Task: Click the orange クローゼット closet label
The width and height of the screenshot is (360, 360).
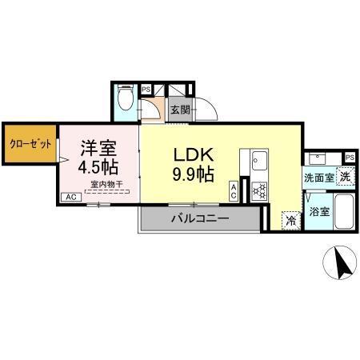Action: pyautogui.click(x=30, y=145)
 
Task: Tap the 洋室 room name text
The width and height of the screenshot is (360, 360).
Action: pyautogui.click(x=98, y=150)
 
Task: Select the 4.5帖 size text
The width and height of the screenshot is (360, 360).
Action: pyautogui.click(x=98, y=169)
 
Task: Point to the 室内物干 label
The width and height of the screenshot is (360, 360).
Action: pyautogui.click(x=106, y=186)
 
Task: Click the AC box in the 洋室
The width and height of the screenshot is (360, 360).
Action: pyautogui.click(x=70, y=197)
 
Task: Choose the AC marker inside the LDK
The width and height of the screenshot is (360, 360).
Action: pyautogui.click(x=233, y=190)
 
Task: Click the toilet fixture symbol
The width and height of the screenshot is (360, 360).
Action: pyautogui.click(x=125, y=100)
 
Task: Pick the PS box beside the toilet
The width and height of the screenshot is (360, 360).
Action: pyautogui.click(x=146, y=90)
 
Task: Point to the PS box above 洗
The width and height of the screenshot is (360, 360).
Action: pyautogui.click(x=350, y=157)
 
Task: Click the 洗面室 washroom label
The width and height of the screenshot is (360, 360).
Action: pyautogui.click(x=318, y=177)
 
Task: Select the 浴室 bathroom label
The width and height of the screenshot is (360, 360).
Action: pyautogui.click(x=318, y=213)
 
